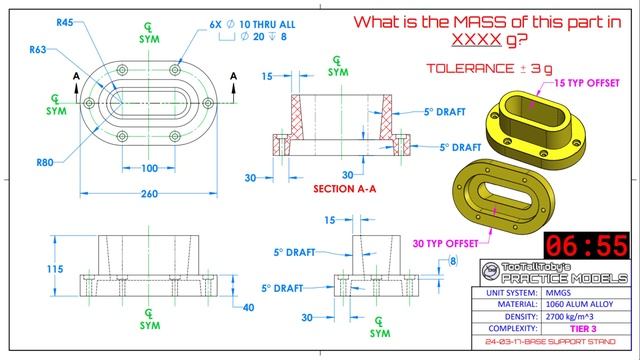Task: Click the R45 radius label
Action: pos(66,21)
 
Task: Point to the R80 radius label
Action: pos(45,161)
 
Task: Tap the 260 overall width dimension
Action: pos(147,196)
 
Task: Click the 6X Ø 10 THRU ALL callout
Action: pos(241,21)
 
